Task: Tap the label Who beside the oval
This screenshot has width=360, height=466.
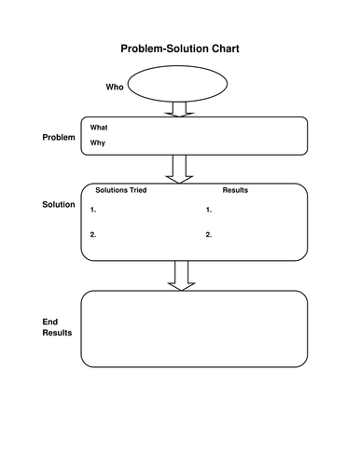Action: click(114, 87)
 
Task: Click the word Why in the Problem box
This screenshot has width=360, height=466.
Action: click(98, 143)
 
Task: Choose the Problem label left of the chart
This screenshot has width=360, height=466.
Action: click(58, 137)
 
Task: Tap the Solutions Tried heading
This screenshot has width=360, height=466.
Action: click(121, 190)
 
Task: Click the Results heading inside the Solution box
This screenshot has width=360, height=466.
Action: click(235, 190)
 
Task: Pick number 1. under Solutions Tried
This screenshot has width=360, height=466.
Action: click(93, 211)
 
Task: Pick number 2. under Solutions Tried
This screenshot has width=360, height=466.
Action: click(93, 234)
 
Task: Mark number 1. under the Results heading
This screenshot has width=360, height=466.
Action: click(209, 211)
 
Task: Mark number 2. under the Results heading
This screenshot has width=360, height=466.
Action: click(209, 234)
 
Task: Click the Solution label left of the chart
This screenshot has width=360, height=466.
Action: click(59, 204)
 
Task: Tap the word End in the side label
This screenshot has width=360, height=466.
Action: click(50, 322)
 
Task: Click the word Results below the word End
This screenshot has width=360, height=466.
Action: click(58, 333)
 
